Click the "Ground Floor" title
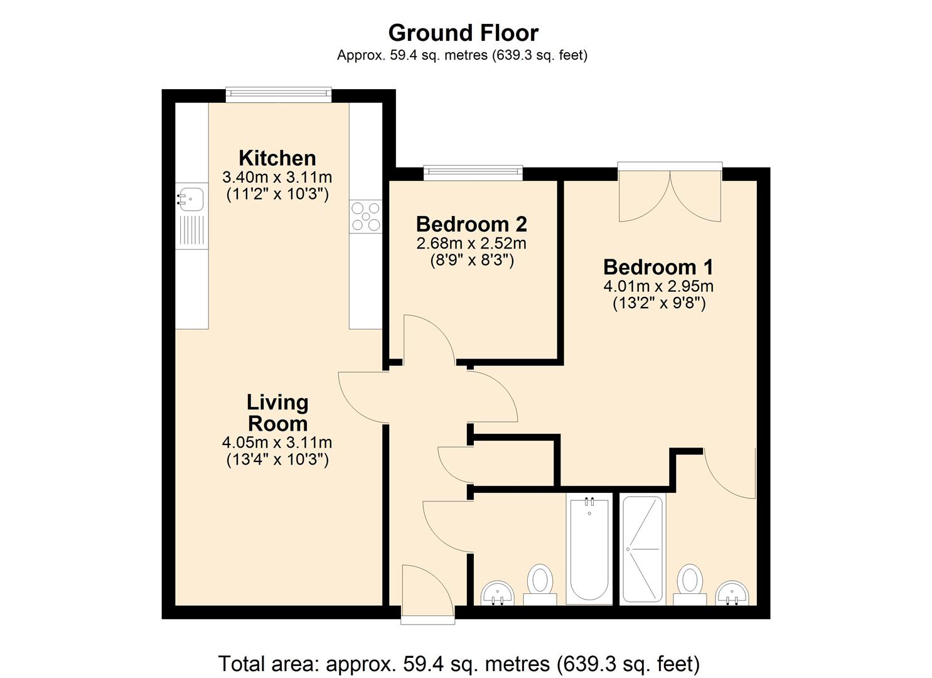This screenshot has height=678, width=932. point(463,33)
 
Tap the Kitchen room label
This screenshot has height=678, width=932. point(277,158)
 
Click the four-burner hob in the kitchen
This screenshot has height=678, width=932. point(366,215)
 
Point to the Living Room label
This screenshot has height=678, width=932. point(277,412)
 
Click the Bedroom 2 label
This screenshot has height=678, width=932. point(471,224)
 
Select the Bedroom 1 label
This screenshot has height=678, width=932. point(658,267)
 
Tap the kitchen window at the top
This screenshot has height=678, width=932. point(278,94)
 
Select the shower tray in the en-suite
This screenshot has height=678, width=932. point(642,549)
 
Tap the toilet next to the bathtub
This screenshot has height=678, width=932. point(540,581)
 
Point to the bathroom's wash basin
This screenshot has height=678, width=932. point(498,592)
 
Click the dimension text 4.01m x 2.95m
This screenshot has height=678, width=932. point(658,286)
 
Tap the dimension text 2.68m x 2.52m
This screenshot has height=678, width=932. point(471,243)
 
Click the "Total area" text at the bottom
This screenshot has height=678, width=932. point(459,663)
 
